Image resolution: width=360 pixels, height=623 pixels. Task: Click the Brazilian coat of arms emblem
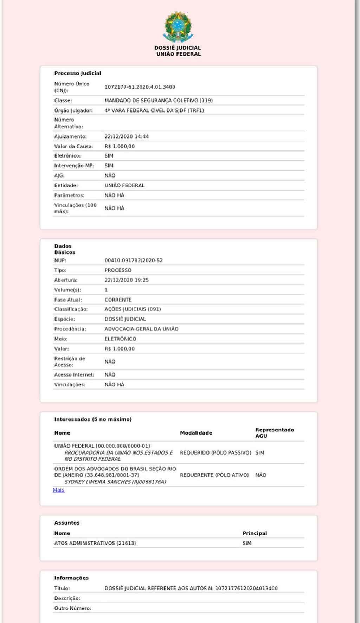tap(178, 27)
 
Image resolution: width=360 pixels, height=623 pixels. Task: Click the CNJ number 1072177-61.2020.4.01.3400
tap(140, 87)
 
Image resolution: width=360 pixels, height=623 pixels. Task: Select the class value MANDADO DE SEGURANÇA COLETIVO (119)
tap(158, 101)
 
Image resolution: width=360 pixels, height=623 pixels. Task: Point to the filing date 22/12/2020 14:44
tap(127, 136)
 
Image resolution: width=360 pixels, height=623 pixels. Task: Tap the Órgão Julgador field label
tap(73, 110)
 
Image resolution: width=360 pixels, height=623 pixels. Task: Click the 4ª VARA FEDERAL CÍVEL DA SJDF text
tap(154, 110)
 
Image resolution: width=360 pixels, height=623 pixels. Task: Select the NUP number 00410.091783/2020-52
tap(134, 261)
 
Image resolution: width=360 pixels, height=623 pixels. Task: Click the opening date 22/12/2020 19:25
tap(127, 280)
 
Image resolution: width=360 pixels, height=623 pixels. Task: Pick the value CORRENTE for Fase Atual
tap(118, 300)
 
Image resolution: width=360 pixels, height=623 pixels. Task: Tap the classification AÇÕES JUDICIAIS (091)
tap(133, 309)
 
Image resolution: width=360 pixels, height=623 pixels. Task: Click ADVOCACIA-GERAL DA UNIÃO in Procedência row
tap(141, 329)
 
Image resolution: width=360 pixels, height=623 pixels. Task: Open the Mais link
tap(59, 490)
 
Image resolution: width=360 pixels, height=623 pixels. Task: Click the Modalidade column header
tap(196, 433)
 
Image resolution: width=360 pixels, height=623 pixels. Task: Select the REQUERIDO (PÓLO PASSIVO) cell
tap(216, 453)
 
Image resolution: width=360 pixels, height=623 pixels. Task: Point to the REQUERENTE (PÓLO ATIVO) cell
tap(214, 475)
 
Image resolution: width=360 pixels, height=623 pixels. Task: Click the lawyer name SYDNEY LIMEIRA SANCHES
tap(115, 482)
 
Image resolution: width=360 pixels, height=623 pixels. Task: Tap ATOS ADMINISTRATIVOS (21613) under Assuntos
tap(95, 543)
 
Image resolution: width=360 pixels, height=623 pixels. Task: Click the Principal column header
tap(255, 533)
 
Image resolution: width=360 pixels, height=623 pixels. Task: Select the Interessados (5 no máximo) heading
tap(93, 419)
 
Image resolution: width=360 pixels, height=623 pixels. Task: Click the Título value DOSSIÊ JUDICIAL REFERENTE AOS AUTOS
tap(191, 589)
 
